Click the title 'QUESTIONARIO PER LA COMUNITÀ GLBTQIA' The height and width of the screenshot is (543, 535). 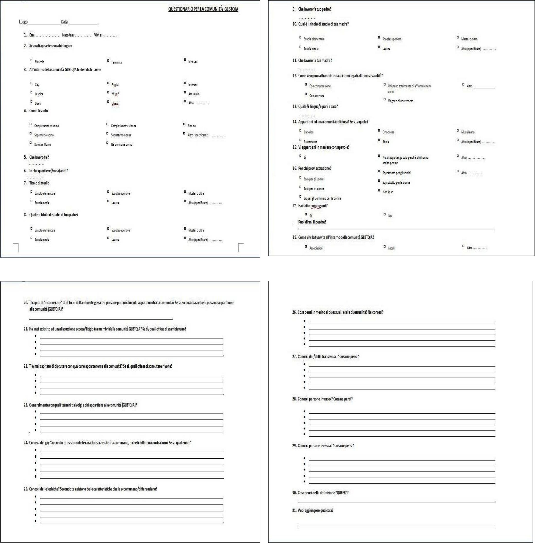pos(203,9)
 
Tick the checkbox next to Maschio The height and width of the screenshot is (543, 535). pos(31,60)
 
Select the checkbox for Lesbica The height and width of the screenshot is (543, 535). pos(31,92)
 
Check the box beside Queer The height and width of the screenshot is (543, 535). pos(108,102)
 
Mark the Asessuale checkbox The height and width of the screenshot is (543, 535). pos(185,92)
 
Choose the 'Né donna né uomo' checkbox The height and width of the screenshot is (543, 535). pos(107,143)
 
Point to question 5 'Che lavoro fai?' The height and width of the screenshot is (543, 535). pos(39,157)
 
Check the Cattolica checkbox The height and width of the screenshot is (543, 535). pos(300,130)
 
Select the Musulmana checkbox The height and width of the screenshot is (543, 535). pos(458,130)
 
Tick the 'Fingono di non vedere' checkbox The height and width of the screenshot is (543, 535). pos(385,99)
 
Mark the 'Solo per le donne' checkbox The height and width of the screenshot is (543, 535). pos(300,187)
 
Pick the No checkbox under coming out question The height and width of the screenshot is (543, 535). pos(385,214)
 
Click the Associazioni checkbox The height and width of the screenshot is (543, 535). pos(306,246)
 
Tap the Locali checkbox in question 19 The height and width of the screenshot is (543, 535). pos(385,246)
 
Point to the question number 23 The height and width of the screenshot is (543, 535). pos(26,405)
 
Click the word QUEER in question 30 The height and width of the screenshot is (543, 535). pos(341,493)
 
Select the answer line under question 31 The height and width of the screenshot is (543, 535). pos(396,525)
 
